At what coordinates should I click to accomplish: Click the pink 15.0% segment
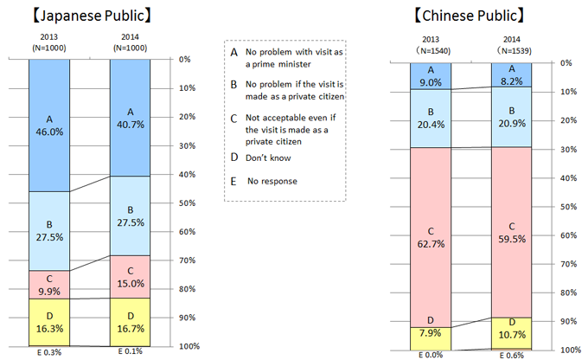[x=131, y=277]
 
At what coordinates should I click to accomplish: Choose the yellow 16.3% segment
[x=48, y=322]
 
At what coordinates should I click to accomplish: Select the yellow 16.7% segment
[x=131, y=322]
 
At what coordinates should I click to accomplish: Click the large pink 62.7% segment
[x=431, y=237]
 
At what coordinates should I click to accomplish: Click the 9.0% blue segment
[x=431, y=76]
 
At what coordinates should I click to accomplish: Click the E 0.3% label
[x=48, y=353]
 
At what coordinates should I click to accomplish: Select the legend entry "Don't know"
[x=273, y=157]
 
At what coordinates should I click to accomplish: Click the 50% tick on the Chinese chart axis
[x=565, y=207]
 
